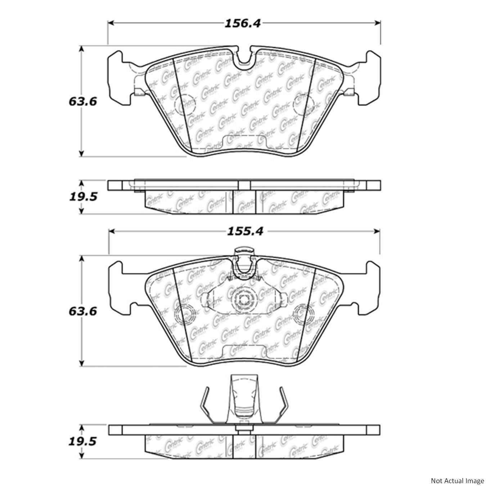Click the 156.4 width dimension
242,23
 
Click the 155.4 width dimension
245,231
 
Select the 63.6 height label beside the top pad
83,102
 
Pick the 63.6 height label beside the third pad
83,311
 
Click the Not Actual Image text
457,481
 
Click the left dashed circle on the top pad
184,104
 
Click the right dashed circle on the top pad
304,104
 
